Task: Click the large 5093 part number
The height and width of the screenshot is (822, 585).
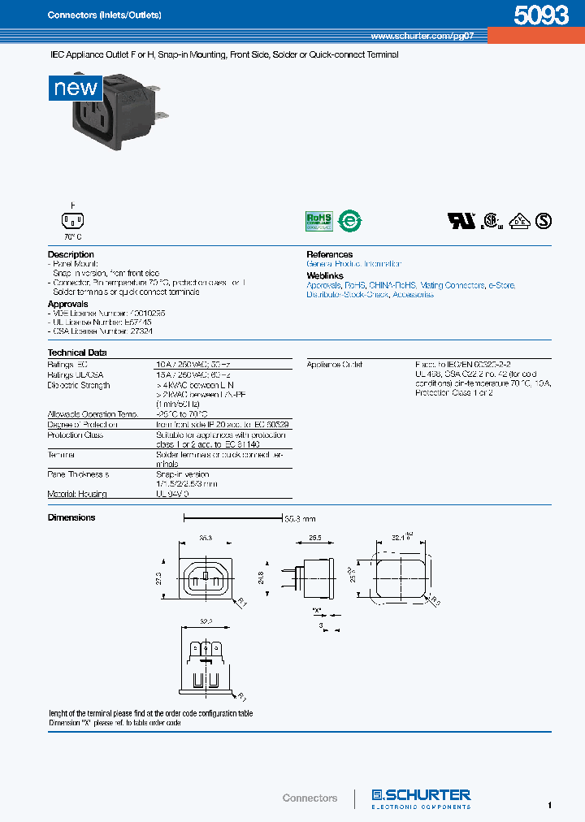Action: coord(540,15)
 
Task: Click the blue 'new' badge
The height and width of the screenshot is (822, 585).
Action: coord(76,87)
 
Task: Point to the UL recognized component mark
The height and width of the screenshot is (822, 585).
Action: coord(461,220)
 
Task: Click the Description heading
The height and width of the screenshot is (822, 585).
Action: coord(71,254)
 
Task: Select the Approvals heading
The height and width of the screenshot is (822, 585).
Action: coord(67,304)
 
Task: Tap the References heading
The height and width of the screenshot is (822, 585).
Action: coord(329,254)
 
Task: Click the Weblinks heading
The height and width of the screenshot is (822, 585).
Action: coord(325,276)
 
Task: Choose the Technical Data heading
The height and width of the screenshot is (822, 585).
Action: coord(77,353)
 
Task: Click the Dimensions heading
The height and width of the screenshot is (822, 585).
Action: coord(71,517)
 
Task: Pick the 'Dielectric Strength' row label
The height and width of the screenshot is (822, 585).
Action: coord(79,385)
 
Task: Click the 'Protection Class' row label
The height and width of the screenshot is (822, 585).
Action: coord(76,435)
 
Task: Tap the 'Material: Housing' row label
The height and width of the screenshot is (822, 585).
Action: coord(77,494)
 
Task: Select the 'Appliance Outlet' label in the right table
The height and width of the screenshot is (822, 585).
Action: coord(335,365)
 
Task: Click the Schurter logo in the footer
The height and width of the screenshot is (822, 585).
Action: coord(421,797)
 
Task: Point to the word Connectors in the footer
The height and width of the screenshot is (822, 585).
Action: coord(310,798)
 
